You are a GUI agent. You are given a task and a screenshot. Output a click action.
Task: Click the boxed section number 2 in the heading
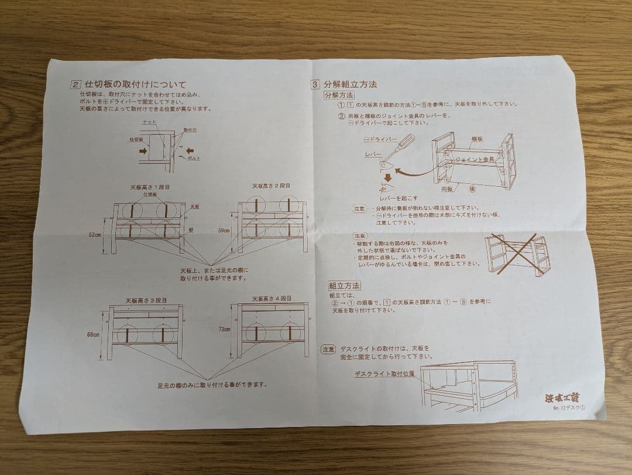pos(75,84)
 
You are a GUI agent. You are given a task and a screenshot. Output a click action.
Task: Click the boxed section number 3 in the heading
pos(315,84)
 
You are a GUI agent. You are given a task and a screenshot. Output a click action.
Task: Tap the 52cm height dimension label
pos(95,234)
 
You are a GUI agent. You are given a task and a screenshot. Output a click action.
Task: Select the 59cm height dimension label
pos(224,231)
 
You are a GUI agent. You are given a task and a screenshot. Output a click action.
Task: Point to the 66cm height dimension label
pos(93,334)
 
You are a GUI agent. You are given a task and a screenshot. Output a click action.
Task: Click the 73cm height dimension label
pos(225,330)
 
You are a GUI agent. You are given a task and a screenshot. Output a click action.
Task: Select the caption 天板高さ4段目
pos(272,299)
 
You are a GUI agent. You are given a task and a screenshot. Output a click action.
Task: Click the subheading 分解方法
pos(339,95)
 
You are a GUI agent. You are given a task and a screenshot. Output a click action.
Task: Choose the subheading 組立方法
pos(344,286)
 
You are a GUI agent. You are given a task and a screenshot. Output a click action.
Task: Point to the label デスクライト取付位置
pos(383,373)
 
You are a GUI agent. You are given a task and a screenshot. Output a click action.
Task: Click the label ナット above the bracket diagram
pos(150,122)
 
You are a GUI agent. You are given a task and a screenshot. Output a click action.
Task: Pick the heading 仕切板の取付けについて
pos(135,84)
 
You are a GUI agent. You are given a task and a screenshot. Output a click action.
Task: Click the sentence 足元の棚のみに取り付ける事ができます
pos(212,385)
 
